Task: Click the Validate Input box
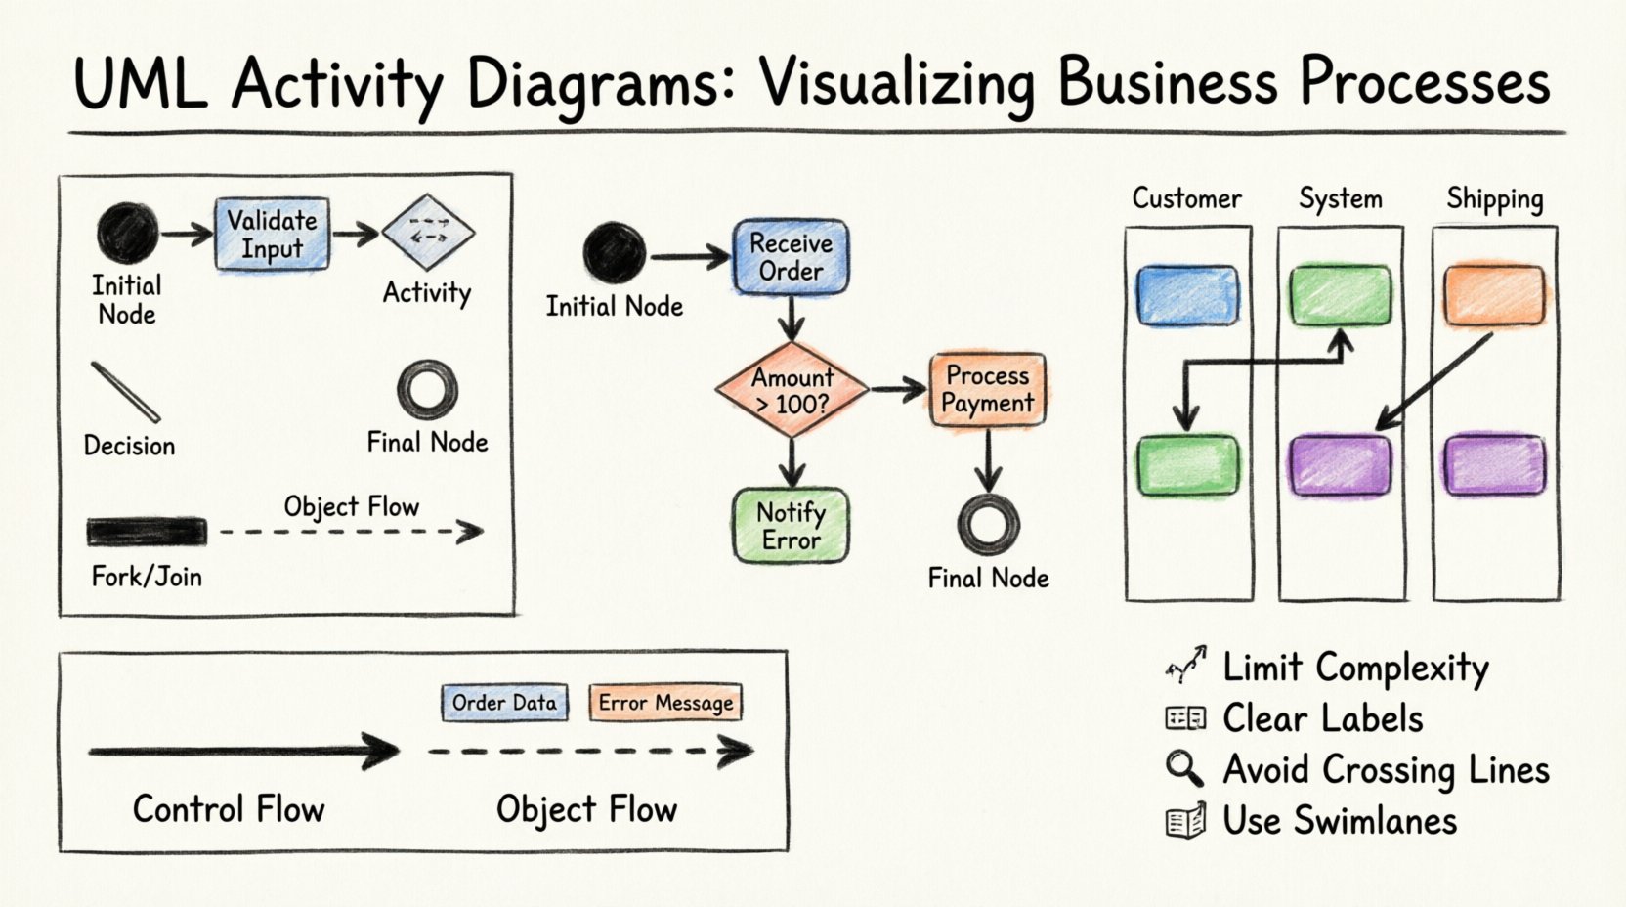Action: [272, 235]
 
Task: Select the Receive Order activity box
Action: [791, 257]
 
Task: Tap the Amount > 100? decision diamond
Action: [792, 390]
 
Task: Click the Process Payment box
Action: [987, 390]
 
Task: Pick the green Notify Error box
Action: [791, 526]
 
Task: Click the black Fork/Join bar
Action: [147, 532]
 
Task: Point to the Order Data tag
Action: [504, 703]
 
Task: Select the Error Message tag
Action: [665, 703]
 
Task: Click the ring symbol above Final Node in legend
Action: [427, 389]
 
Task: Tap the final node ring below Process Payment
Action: [988, 524]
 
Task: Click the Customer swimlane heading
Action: [1186, 198]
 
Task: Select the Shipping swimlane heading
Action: [1494, 199]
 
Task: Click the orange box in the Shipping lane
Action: [1494, 294]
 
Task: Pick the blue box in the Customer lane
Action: [1187, 294]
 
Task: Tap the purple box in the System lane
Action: [1340, 464]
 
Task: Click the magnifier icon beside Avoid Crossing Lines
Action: [1183, 768]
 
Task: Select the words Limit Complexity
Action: [1355, 668]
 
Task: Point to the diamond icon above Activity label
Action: [428, 233]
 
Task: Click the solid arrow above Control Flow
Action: [244, 752]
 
